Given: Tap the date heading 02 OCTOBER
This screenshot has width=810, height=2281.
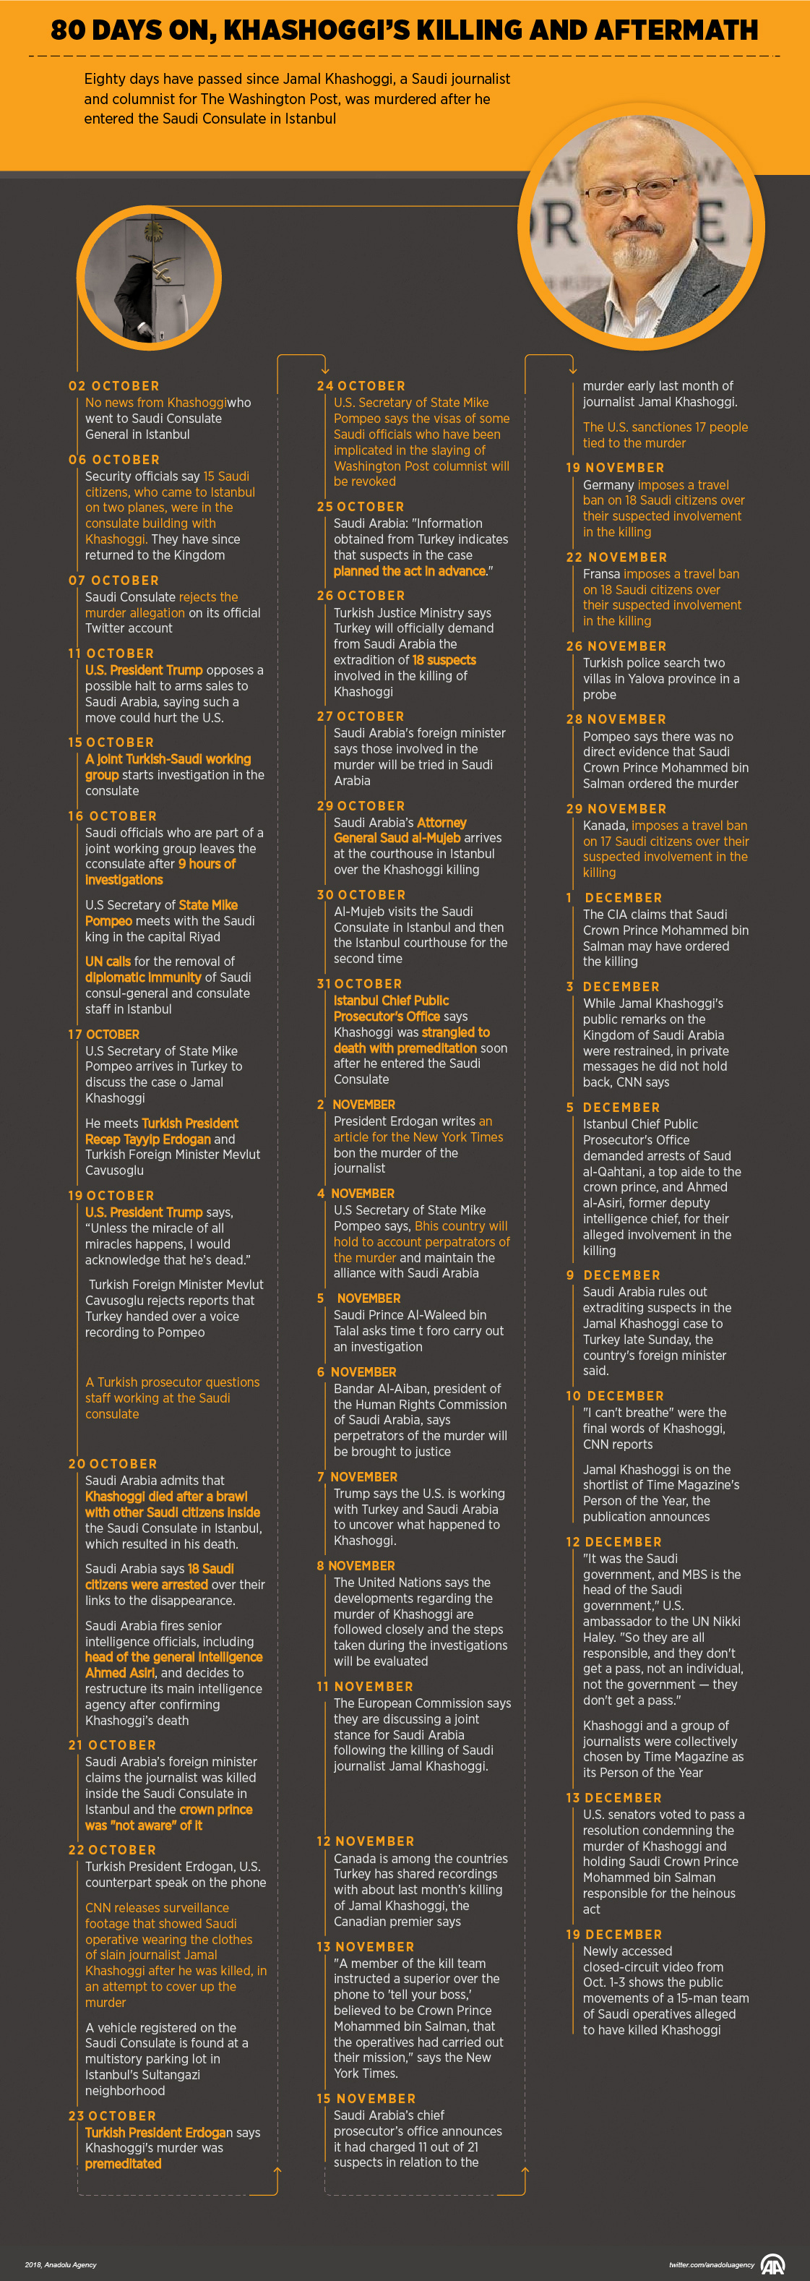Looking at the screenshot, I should pyautogui.click(x=114, y=386).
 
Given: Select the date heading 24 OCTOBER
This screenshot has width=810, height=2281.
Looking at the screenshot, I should pyautogui.click(x=361, y=386).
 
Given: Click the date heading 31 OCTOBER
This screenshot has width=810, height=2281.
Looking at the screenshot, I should pyautogui.click(x=359, y=984).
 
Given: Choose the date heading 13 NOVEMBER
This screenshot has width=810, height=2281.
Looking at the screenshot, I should pyautogui.click(x=365, y=1947).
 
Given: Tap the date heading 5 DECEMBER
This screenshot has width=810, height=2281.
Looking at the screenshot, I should pyautogui.click(x=613, y=1107).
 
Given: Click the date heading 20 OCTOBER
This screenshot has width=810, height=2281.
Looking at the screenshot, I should pyautogui.click(x=113, y=1464).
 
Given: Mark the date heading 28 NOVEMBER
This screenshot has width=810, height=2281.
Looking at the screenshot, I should pyautogui.click(x=616, y=719).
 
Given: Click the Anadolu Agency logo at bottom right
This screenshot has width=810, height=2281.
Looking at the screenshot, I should pyautogui.click(x=773, y=2264).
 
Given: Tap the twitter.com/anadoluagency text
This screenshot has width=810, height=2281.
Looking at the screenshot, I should pyautogui.click(x=711, y=2265).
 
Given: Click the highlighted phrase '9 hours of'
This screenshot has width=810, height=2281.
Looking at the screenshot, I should pyautogui.click(x=207, y=864).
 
